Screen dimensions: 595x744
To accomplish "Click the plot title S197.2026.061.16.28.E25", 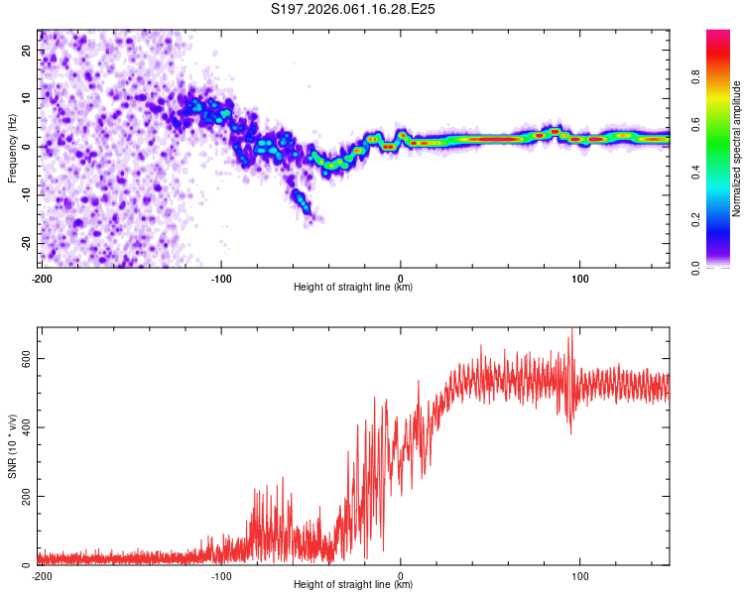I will pyautogui.click(x=354, y=9).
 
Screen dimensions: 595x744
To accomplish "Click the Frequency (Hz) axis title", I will pyautogui.click(x=13, y=147).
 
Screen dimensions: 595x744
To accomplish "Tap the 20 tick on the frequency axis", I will pyautogui.click(x=28, y=50).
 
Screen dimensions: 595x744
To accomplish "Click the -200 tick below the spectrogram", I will pyautogui.click(x=41, y=277).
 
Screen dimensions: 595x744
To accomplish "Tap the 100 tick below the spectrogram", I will pyautogui.click(x=580, y=277).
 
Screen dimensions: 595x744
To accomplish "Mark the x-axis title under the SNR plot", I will pyautogui.click(x=353, y=585).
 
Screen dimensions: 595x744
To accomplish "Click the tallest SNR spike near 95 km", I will pyautogui.click(x=571, y=331).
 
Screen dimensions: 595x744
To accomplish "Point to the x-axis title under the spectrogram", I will pyautogui.click(x=353, y=287).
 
